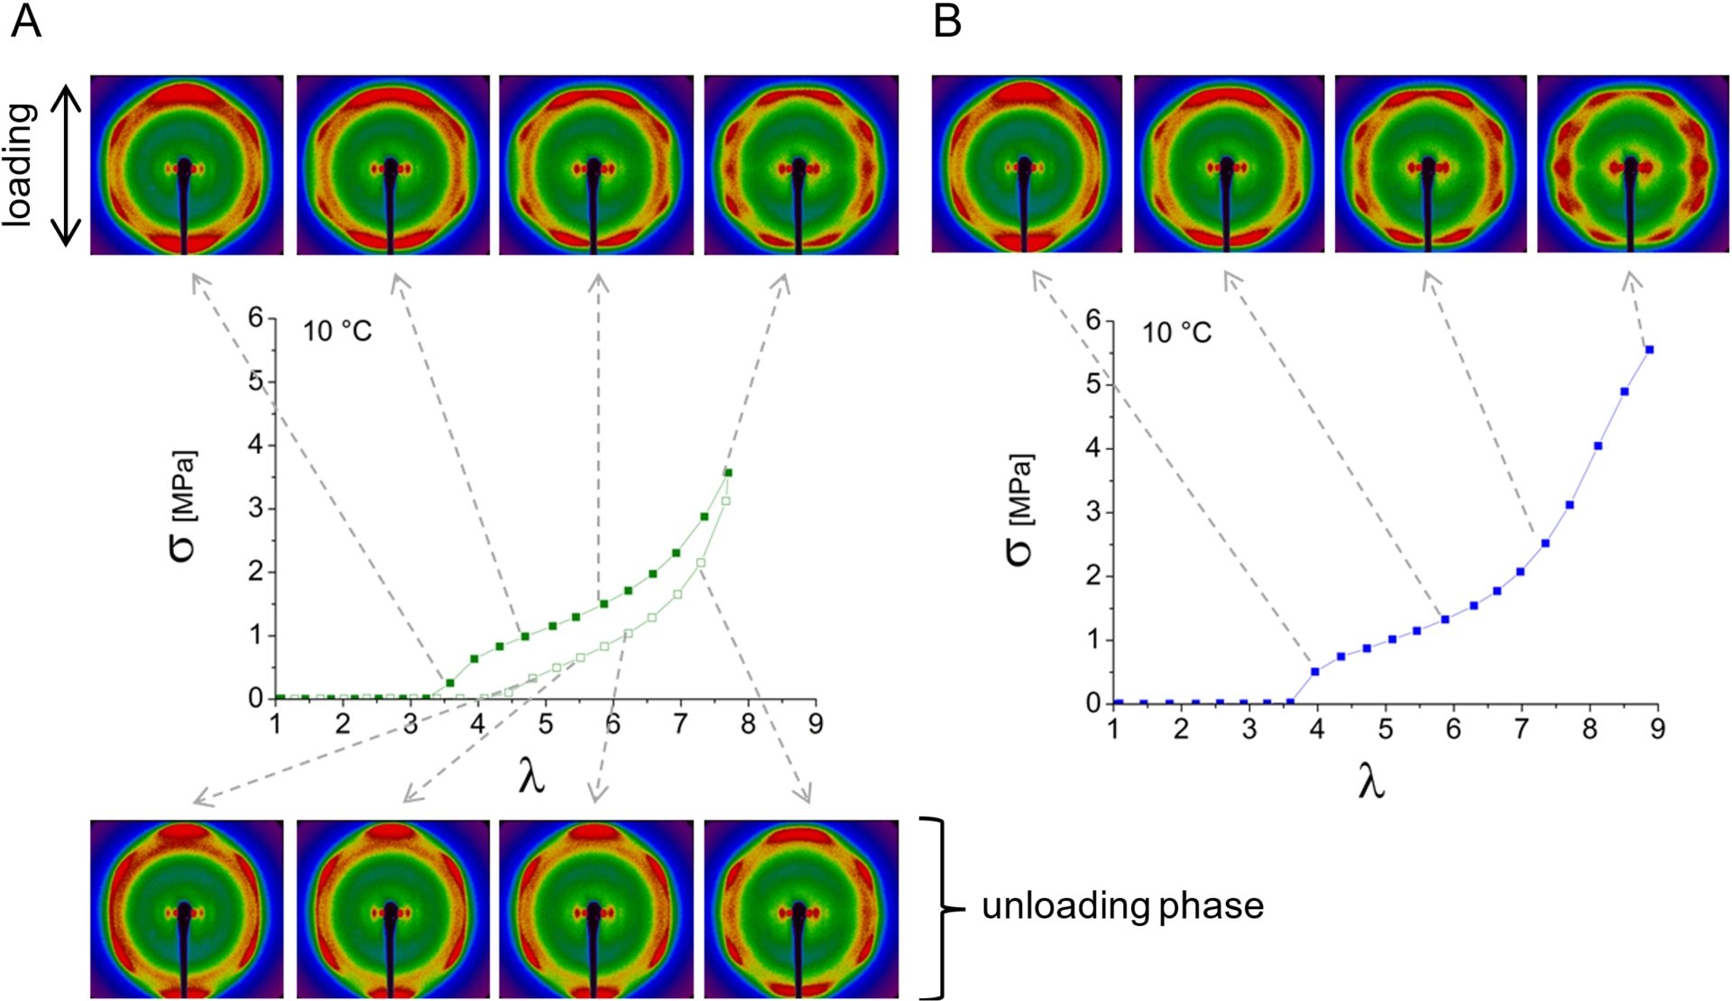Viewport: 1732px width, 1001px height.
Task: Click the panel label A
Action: pos(25,21)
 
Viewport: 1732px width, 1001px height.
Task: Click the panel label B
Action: pos(947,21)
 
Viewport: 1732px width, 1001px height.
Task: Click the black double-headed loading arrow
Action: pos(65,165)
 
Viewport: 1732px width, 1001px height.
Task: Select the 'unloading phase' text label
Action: pos(1122,905)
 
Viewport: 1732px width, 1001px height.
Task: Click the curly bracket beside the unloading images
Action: pos(938,908)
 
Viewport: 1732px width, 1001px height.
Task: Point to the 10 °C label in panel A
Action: pos(337,332)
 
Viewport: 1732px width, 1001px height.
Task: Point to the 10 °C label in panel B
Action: pos(1176,334)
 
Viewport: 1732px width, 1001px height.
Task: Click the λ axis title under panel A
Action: pos(532,777)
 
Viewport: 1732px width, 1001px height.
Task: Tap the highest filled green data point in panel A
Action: pos(728,473)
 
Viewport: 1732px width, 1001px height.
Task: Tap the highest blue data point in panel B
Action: pos(1649,349)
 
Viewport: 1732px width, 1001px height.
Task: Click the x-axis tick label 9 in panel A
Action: pos(815,724)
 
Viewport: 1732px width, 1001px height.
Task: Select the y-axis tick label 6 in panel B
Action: pos(1094,320)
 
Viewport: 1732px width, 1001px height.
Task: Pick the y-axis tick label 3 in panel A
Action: pos(256,508)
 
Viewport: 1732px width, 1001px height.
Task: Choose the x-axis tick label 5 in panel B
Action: pos(1386,729)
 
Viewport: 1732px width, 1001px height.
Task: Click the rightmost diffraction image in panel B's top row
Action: pos(1632,164)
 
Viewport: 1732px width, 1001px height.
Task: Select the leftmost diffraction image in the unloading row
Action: pos(187,908)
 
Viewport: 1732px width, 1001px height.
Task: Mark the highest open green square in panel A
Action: pos(725,500)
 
